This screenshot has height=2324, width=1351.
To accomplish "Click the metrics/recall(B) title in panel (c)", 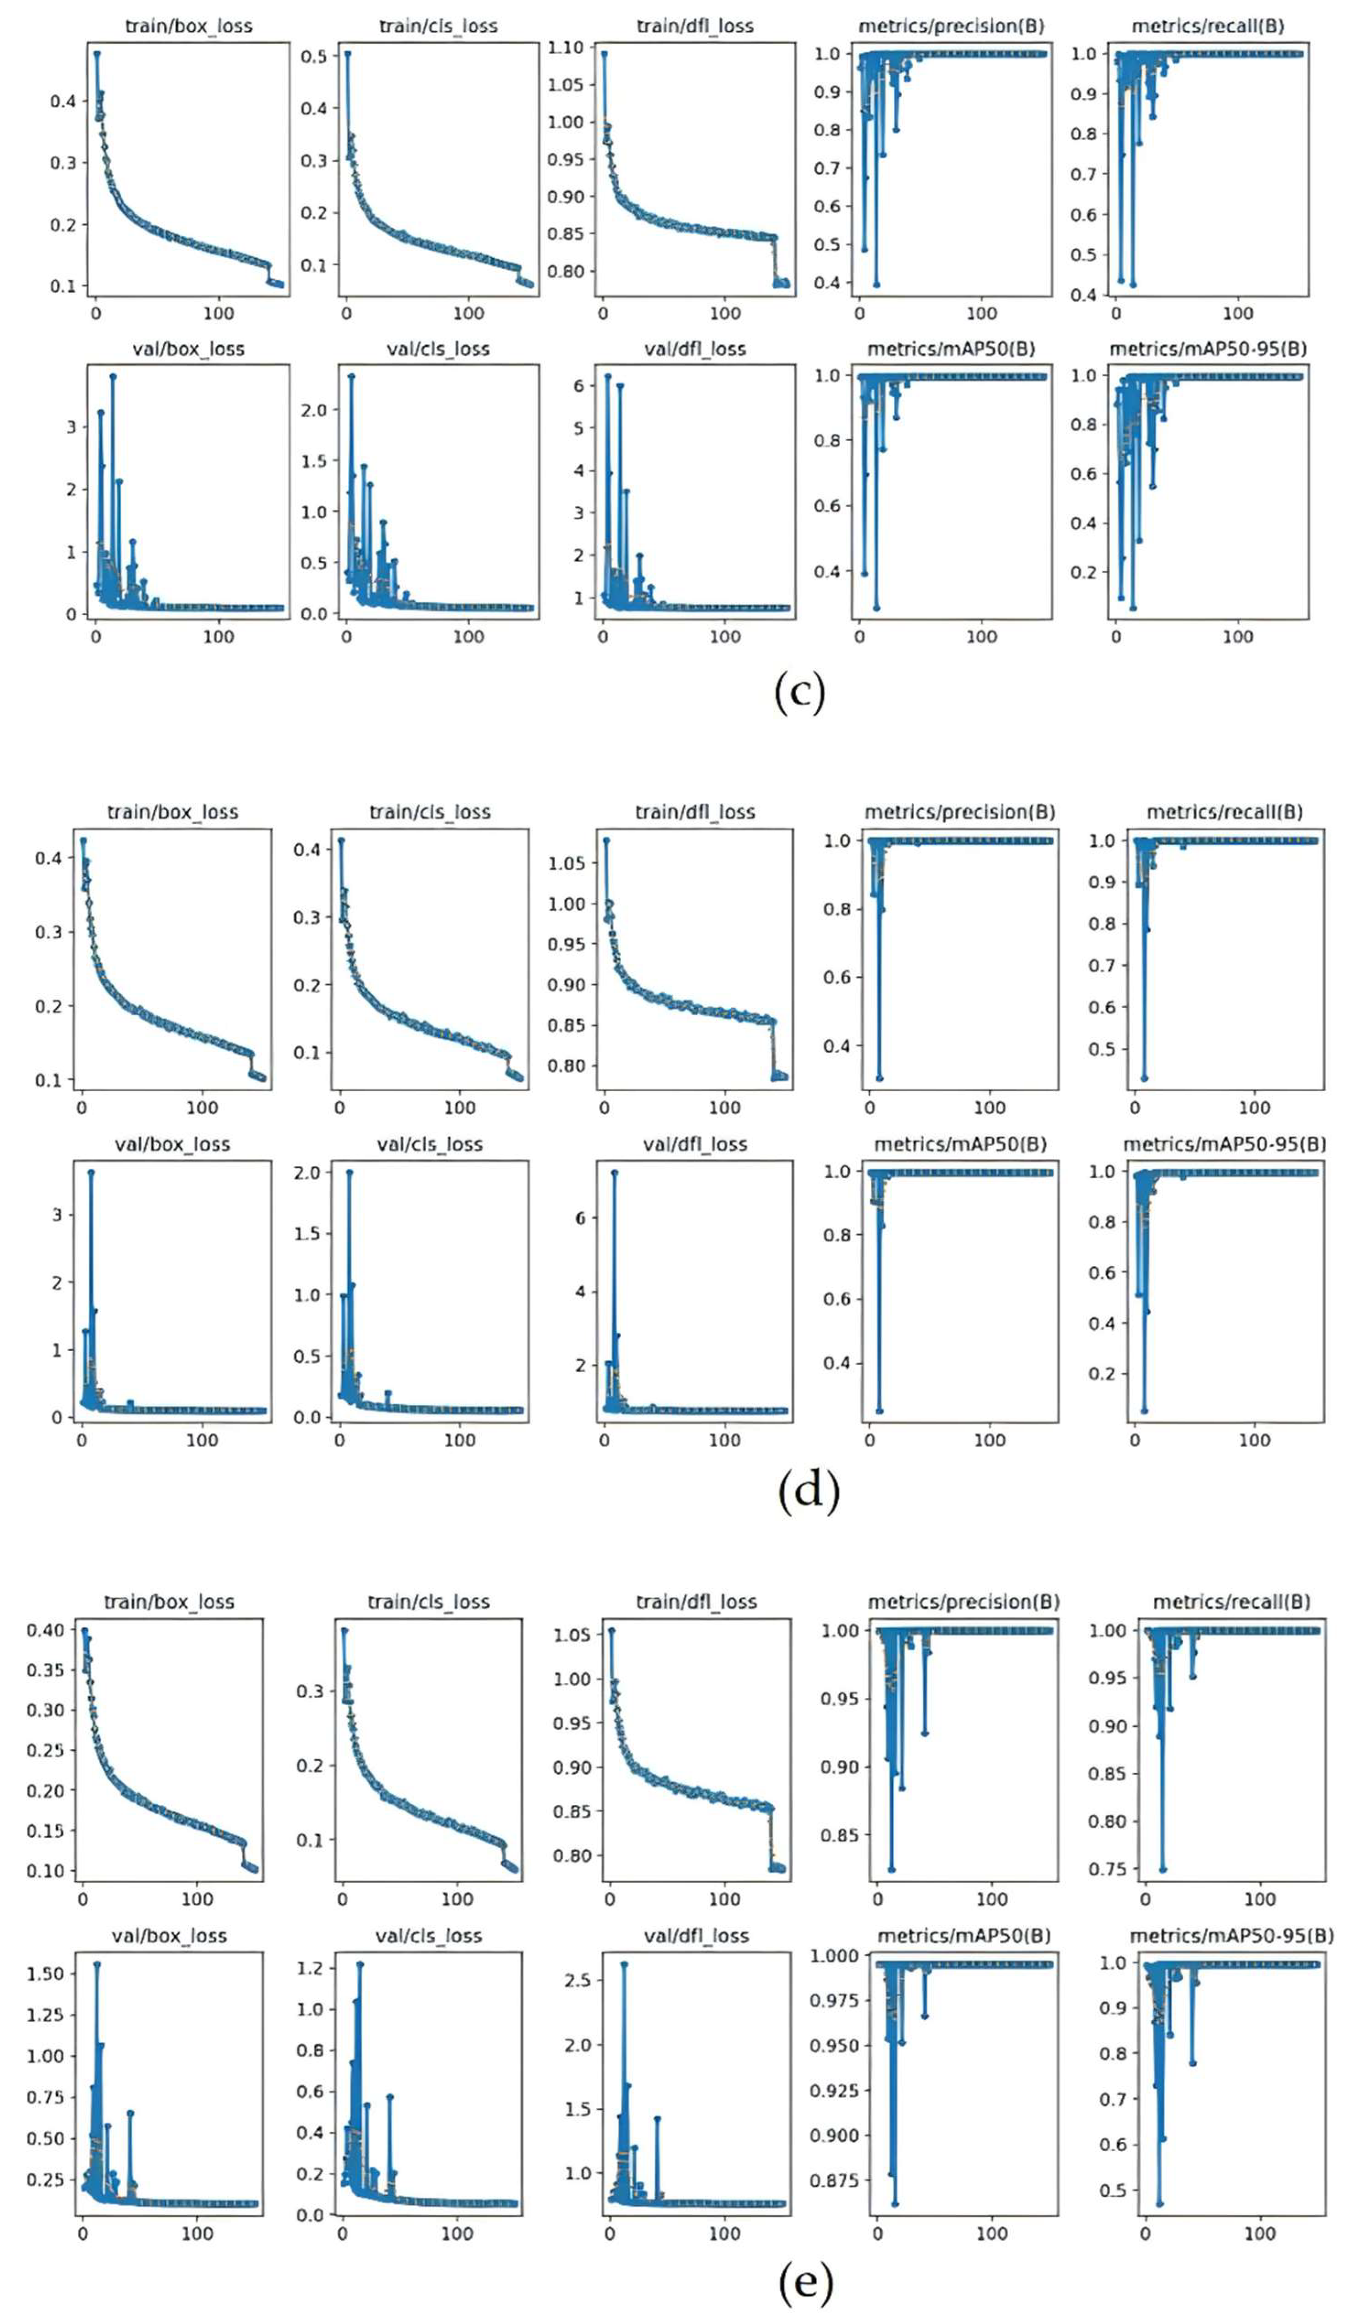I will click(x=1207, y=26).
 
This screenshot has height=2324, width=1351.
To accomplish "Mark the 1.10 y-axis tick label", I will click(x=566, y=47).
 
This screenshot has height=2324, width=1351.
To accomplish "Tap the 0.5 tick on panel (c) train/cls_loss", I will click(x=315, y=56).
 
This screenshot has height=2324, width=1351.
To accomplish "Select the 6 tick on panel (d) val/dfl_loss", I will click(x=580, y=1218).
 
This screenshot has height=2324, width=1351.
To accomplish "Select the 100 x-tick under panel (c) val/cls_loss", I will click(x=468, y=636).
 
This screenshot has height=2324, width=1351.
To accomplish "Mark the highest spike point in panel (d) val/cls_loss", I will click(x=350, y=1172).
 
